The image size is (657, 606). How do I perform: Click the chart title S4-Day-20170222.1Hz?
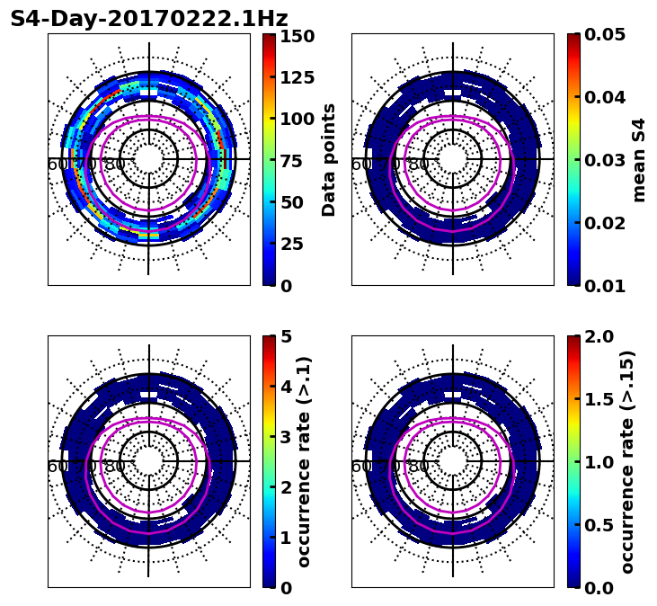tap(148, 19)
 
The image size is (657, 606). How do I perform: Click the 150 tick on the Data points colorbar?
tap(297, 36)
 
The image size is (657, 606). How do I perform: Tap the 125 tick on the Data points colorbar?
tap(297, 77)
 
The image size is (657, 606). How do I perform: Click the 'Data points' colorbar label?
tap(329, 160)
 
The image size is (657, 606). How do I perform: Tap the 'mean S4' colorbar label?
tap(639, 160)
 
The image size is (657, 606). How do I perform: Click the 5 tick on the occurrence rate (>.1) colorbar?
tap(286, 336)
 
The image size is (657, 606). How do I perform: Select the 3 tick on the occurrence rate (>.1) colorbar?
tap(286, 437)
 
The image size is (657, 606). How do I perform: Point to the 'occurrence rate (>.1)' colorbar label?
tap(304, 462)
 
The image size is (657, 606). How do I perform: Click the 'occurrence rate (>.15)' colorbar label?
tap(626, 462)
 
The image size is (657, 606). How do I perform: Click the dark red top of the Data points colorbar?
tap(269, 37)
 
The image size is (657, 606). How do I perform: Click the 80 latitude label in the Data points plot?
tap(115, 165)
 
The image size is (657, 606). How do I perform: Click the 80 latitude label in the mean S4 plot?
tap(419, 165)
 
